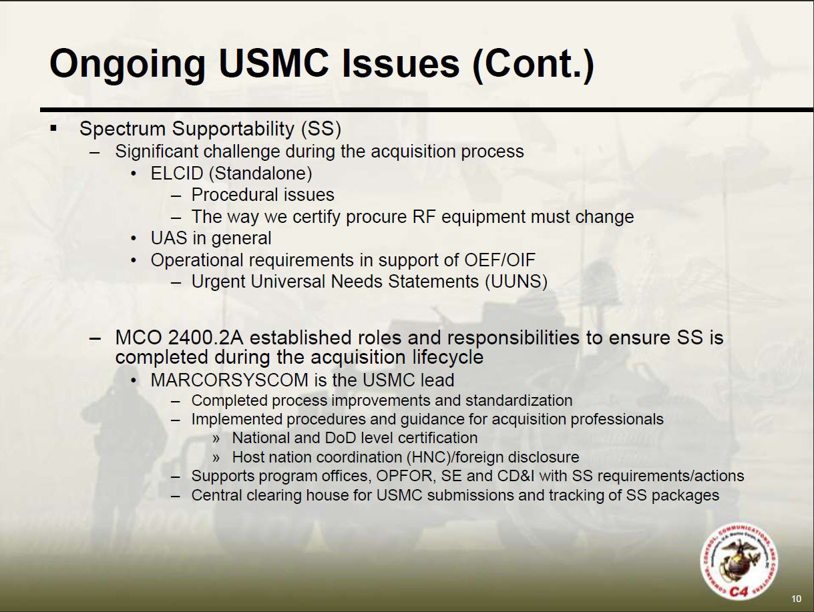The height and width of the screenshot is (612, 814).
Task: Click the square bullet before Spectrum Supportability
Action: point(54,129)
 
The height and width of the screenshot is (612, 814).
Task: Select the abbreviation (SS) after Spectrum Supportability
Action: point(321,129)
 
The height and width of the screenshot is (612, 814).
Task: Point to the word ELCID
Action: point(177,174)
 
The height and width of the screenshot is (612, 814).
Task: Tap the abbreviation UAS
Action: point(169,238)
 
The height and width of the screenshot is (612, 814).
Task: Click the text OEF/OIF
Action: point(499,260)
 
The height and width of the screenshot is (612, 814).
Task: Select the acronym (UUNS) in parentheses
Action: point(516,282)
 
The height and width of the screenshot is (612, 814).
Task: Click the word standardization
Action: point(519,400)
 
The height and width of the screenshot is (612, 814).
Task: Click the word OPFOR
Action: point(404,476)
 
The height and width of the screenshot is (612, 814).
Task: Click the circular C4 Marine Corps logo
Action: point(739,562)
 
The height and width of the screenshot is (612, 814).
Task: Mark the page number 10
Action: point(796,599)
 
